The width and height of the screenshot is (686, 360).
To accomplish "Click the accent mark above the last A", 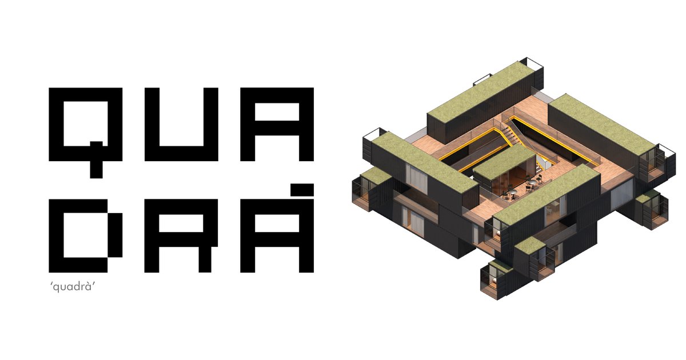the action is click(x=302, y=190).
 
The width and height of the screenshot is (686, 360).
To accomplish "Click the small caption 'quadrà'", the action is click(x=72, y=287).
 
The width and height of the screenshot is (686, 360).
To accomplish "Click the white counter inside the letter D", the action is click(x=86, y=235).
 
